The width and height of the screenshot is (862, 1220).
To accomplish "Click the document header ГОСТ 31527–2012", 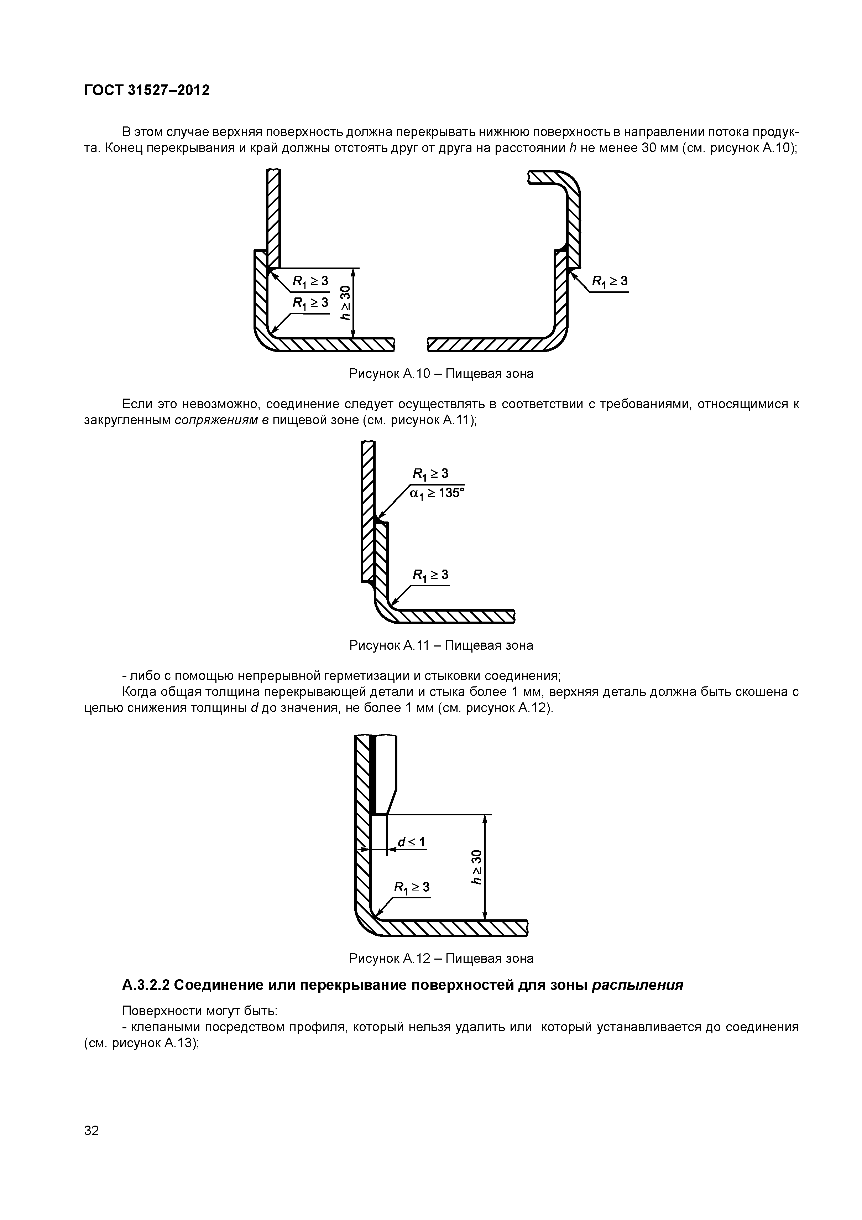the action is click(147, 90).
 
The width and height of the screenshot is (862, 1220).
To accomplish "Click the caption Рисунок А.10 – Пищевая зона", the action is click(441, 374).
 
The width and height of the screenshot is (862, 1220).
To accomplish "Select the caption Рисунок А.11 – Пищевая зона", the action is click(441, 645).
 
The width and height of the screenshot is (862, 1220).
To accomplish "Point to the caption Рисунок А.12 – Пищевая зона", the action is click(441, 958).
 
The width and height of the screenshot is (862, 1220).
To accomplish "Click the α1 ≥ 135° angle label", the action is click(437, 494).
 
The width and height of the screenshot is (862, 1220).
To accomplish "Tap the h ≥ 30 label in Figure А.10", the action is click(346, 303).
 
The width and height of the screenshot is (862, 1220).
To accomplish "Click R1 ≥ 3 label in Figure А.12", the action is click(412, 887).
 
